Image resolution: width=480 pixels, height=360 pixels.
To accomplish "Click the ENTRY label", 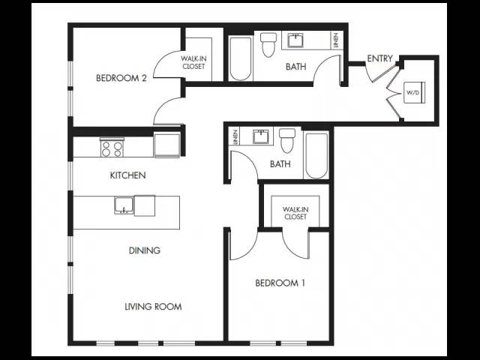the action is (379, 58).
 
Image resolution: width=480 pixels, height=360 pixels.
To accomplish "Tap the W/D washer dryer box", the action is (415, 92).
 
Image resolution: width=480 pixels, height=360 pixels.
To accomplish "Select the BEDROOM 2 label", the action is (121, 78).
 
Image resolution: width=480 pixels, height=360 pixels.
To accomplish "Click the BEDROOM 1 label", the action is (280, 283).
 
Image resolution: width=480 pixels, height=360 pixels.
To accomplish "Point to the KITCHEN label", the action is (127, 175).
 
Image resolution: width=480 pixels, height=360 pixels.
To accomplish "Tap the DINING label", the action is (145, 250).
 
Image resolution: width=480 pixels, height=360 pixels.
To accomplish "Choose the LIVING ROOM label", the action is (153, 307).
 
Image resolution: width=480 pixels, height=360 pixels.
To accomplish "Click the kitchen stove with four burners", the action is (112, 148).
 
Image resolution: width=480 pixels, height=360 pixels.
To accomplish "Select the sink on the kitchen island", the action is (124, 205).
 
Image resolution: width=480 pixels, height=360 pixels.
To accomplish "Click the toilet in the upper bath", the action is (268, 45).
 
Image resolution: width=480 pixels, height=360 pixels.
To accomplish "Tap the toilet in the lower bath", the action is (287, 140).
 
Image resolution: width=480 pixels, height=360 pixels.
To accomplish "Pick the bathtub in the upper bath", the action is (241, 58).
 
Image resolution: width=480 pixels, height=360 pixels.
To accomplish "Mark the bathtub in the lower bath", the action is (316, 155).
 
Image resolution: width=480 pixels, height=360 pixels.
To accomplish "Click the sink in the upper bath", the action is (295, 40).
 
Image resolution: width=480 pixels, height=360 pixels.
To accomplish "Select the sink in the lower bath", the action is (261, 136).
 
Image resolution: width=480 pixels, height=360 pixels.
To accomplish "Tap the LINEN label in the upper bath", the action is (337, 40).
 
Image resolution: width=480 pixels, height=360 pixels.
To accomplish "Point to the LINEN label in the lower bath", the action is (235, 136).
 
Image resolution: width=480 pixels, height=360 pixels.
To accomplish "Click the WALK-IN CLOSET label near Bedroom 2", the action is (193, 62).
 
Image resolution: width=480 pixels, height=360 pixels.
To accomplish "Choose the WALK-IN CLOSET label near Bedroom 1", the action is (295, 213).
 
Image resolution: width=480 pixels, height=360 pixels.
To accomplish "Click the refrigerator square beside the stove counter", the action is (166, 145).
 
